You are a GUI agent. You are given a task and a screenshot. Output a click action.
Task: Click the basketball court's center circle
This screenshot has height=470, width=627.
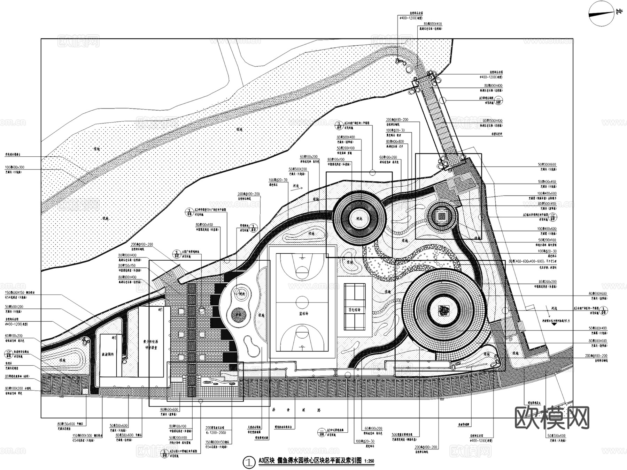tap(302, 300)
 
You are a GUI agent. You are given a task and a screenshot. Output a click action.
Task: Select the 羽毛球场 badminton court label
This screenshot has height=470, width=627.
tap(354, 310)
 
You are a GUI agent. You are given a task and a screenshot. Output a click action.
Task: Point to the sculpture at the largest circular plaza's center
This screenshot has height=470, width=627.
tap(444, 310)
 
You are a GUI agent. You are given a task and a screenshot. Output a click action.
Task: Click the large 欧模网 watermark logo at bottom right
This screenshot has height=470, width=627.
tap(552, 418)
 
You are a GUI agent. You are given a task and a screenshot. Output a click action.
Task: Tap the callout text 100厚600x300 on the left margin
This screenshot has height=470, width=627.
tap(15, 167)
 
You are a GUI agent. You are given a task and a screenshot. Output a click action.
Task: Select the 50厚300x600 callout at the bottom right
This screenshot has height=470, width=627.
tap(557, 436)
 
